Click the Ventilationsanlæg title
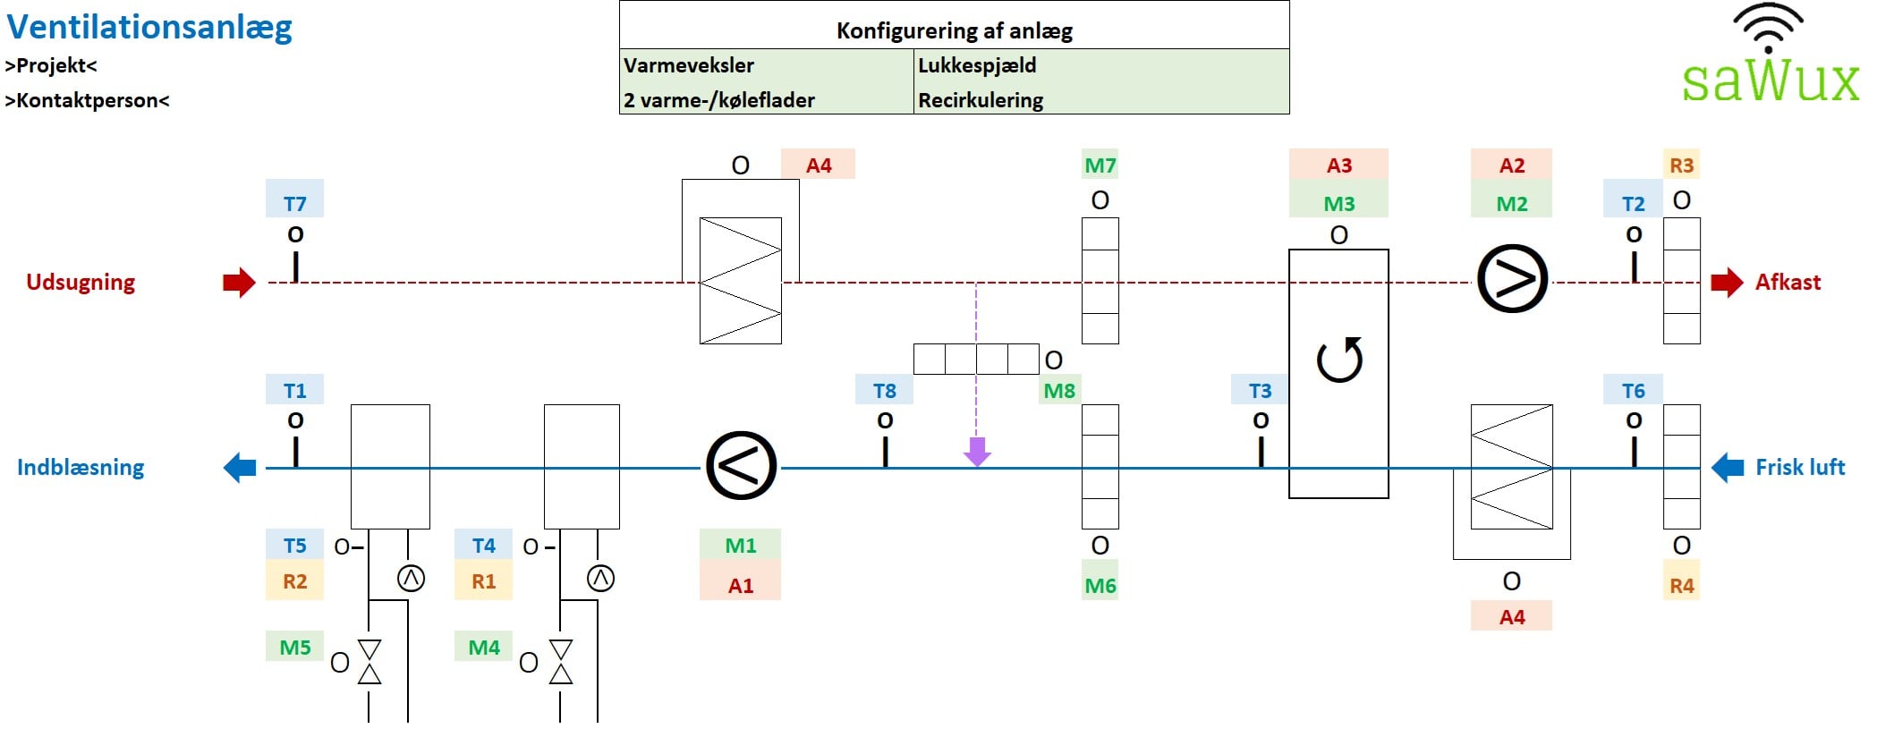tap(149, 27)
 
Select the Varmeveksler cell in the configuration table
tap(689, 65)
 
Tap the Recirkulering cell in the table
tap(981, 100)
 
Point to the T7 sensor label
tap(294, 203)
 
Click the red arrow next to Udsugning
tap(239, 283)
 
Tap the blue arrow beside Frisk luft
tap(1728, 467)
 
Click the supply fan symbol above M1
tap(741, 465)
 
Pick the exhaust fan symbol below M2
tap(1512, 279)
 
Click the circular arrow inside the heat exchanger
tap(1339, 360)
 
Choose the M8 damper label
tap(1059, 391)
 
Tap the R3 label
tap(1681, 165)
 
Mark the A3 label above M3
tap(1338, 165)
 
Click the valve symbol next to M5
tap(369, 662)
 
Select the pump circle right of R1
tap(600, 579)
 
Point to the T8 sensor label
tap(884, 391)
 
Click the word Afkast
tap(1788, 283)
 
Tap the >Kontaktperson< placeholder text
tap(87, 100)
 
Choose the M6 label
tap(1100, 586)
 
